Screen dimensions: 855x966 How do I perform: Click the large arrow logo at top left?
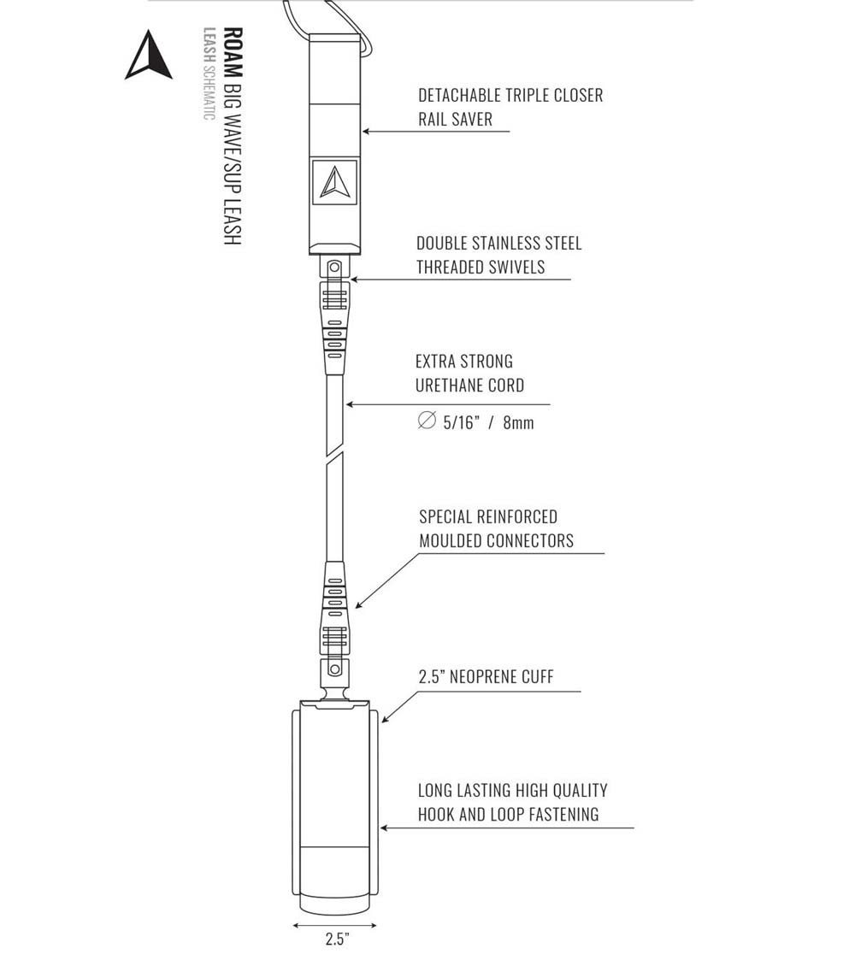150,56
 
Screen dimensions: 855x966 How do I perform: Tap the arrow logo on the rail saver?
334,182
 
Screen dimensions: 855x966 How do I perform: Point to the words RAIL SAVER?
455,120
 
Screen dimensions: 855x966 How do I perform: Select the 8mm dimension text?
518,422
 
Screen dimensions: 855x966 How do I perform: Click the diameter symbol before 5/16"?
427,421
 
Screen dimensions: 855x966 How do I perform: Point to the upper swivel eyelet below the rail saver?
333,268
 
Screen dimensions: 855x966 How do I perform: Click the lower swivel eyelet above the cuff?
334,669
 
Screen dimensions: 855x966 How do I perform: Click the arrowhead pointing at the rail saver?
366,132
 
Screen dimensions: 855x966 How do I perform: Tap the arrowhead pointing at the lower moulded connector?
359,605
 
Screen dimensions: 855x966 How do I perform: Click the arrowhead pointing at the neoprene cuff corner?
386,718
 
